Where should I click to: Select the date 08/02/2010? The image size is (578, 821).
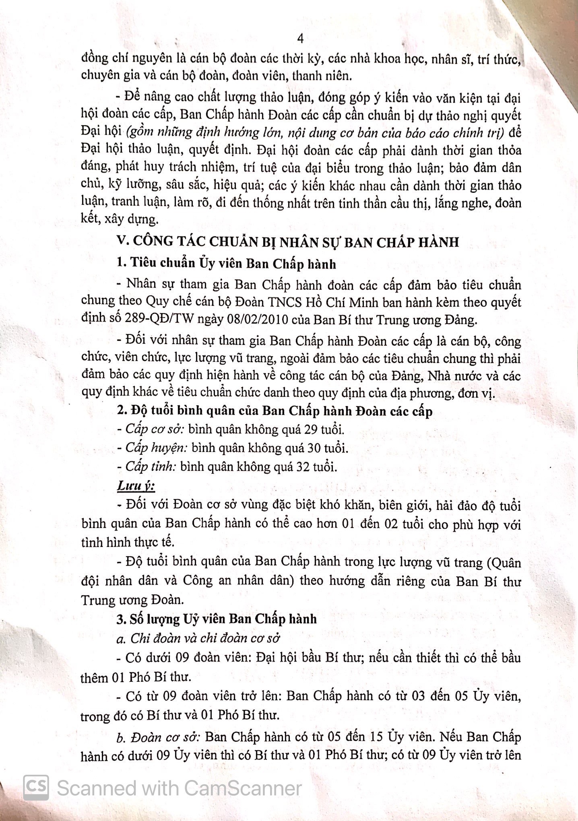(264, 320)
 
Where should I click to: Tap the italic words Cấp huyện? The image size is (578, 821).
(157, 448)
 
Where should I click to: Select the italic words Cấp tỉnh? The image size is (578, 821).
(151, 467)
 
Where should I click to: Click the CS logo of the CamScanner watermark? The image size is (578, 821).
(36, 788)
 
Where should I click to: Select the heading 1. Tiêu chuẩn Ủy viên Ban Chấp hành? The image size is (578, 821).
(226, 264)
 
